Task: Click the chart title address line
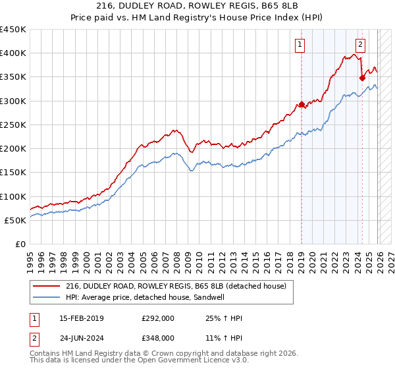(x=197, y=7)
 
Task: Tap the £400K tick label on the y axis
(x=13, y=53)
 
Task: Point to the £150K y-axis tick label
(x=13, y=173)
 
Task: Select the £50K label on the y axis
(x=15, y=220)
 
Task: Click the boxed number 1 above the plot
(x=300, y=45)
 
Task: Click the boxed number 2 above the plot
(x=361, y=45)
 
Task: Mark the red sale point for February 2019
(x=302, y=104)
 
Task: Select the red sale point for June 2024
(x=362, y=78)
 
